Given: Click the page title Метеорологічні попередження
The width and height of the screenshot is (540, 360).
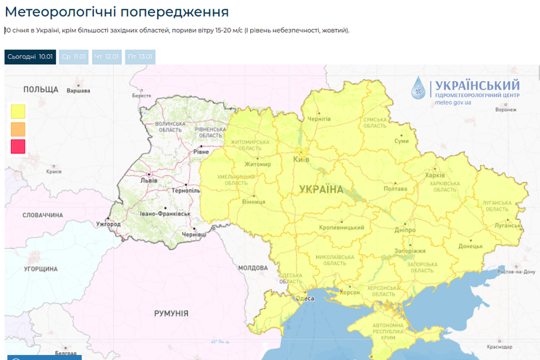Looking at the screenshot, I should click(x=117, y=12).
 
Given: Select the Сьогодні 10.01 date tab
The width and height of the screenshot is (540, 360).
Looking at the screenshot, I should click(x=30, y=56).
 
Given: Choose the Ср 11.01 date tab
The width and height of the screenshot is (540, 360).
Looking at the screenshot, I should click(x=74, y=56).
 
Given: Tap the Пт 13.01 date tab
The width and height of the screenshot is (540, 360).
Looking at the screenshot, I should click(x=139, y=56).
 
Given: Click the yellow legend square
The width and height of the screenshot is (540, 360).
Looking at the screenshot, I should click(x=18, y=111).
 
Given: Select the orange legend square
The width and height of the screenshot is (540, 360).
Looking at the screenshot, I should click(x=18, y=129).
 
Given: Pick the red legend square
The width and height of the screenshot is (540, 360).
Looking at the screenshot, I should click(x=18, y=146).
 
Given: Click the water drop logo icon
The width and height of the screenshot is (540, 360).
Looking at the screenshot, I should click(x=420, y=88).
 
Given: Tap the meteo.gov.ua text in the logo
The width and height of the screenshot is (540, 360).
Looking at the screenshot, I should click(x=453, y=103).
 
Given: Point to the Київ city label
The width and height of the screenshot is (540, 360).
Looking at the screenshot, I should click(x=301, y=159).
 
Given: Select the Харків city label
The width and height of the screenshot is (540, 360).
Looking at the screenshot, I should click(x=435, y=175).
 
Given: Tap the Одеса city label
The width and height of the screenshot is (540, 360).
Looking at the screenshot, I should click(x=306, y=297).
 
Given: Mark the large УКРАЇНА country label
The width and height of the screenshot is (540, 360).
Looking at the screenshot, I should click(x=321, y=190).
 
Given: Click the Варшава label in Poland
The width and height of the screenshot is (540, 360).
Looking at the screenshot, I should click(x=78, y=91).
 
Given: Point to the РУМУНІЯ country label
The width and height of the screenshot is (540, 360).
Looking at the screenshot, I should click(x=171, y=313).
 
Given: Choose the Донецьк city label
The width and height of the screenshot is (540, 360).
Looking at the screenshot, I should click(x=471, y=246).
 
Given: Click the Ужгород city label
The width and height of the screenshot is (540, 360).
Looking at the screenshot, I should click(x=108, y=223).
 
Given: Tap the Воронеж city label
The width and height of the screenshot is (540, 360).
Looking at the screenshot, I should click(x=506, y=110).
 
